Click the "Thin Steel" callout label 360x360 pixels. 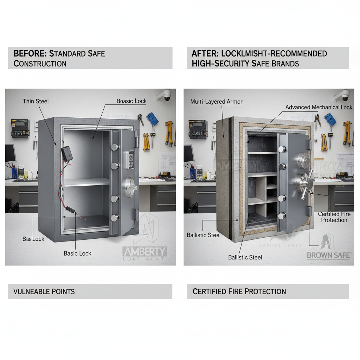click(x=36, y=101)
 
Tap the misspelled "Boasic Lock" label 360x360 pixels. click(x=131, y=101)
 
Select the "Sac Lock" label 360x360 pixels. click(x=33, y=239)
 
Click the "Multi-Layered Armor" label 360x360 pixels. click(x=216, y=102)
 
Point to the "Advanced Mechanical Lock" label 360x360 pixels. click(x=319, y=107)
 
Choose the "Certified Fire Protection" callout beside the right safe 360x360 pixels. click(x=334, y=217)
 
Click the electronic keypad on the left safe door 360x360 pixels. click(x=131, y=160)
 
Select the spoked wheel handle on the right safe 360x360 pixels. click(x=304, y=183)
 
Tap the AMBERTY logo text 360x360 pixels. click(x=144, y=252)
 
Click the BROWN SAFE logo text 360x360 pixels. click(x=328, y=255)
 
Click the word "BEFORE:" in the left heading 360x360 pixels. click(x=30, y=54)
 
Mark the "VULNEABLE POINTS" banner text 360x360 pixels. click(x=44, y=291)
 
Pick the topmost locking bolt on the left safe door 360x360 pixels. click(x=115, y=147)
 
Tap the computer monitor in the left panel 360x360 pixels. click(x=10, y=153)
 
